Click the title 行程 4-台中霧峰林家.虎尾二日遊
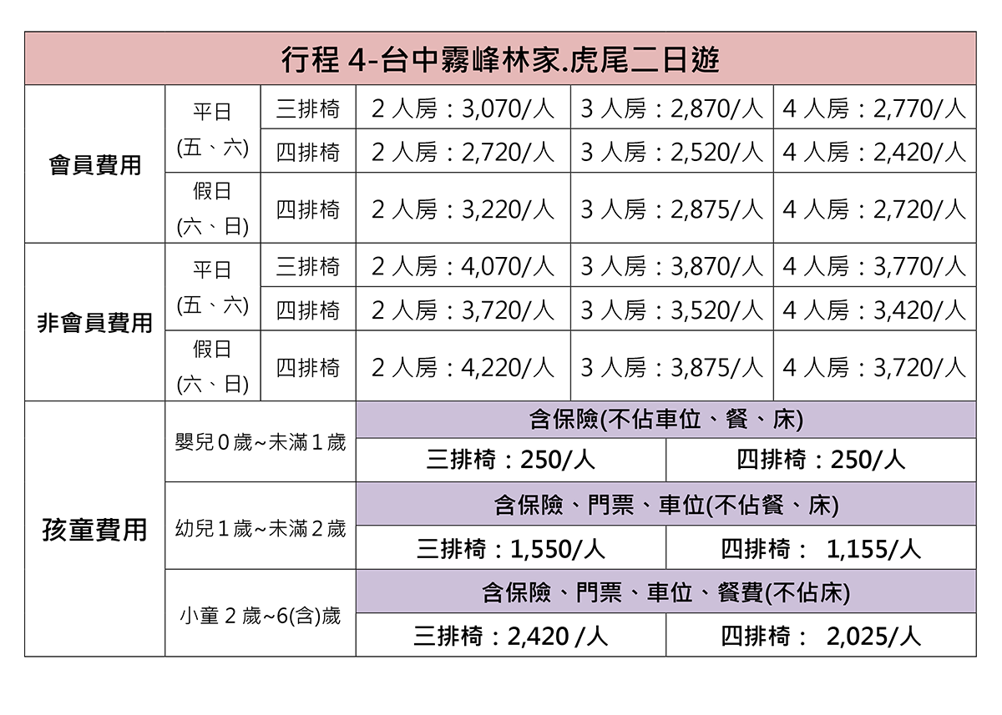500,59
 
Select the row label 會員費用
95,165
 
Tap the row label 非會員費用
95,323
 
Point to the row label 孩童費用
95,530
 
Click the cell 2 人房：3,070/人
463,108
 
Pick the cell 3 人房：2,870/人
672,108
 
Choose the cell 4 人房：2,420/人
874,152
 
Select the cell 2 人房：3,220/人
463,209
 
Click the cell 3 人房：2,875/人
672,209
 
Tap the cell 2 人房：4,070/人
463,266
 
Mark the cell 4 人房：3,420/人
874,310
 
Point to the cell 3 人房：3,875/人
672,367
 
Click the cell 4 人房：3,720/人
874,367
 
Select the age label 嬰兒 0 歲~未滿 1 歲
261,442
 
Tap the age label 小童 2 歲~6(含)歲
261,616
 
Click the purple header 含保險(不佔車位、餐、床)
666,420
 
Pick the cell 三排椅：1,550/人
511,549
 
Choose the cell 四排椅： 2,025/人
821,636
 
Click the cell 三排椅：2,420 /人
511,636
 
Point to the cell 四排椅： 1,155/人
821,549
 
